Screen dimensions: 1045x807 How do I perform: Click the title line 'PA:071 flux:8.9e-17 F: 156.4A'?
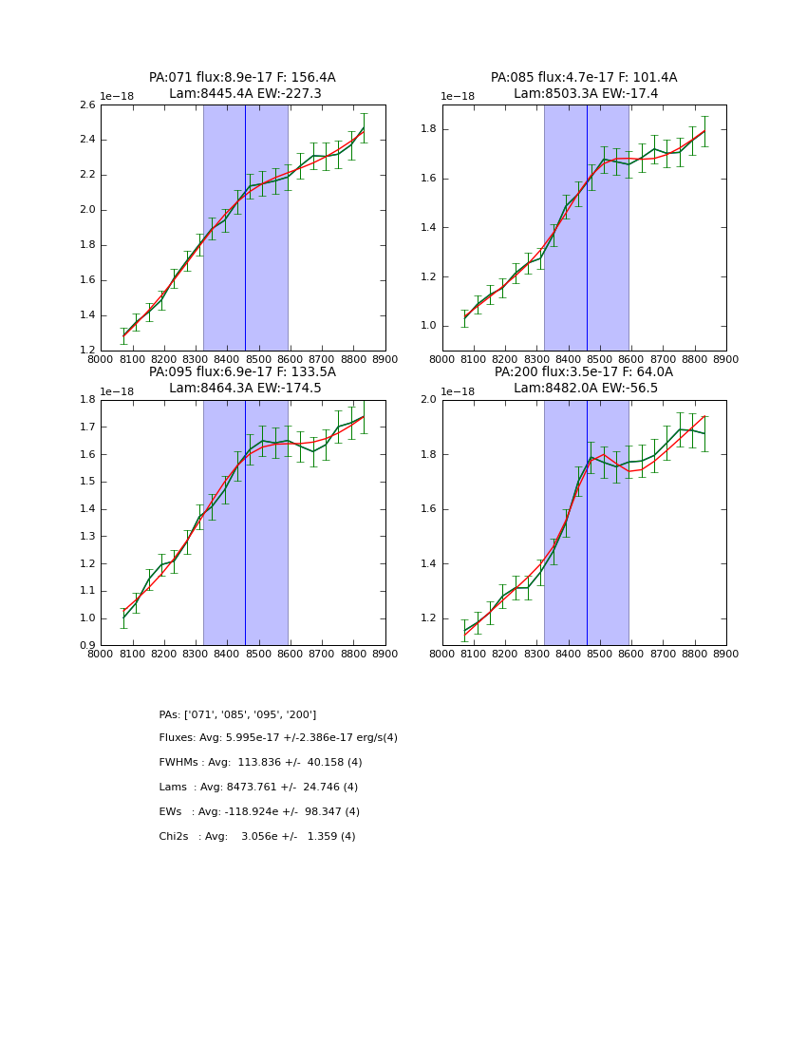point(242,78)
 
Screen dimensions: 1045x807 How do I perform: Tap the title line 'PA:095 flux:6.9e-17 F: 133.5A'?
point(242,372)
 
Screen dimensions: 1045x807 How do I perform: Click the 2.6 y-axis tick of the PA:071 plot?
point(86,105)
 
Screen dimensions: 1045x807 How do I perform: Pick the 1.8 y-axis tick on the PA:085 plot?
point(428,129)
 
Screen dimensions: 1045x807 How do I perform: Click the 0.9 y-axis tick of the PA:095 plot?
point(86,646)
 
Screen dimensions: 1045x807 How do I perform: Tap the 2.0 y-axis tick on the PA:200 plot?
point(428,400)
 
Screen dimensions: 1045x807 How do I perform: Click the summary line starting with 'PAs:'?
point(237,714)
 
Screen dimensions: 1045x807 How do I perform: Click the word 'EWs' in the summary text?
point(171,812)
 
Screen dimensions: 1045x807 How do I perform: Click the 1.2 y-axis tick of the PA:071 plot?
point(86,351)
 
